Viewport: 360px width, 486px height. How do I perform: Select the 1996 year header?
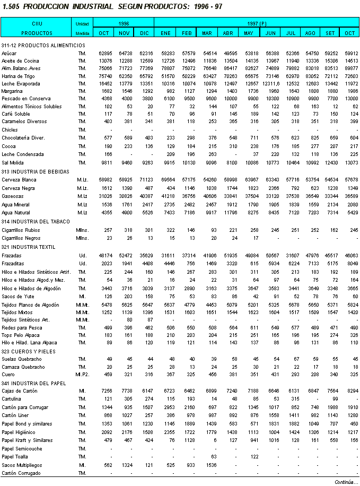tap(124, 24)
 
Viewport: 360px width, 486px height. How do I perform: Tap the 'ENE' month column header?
tap(166, 33)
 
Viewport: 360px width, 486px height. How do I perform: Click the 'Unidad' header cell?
tap(82, 24)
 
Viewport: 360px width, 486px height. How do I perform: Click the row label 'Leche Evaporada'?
tap(21, 84)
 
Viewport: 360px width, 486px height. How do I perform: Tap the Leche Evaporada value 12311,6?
tap(269, 84)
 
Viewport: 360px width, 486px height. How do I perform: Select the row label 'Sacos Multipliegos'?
tap(23, 464)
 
